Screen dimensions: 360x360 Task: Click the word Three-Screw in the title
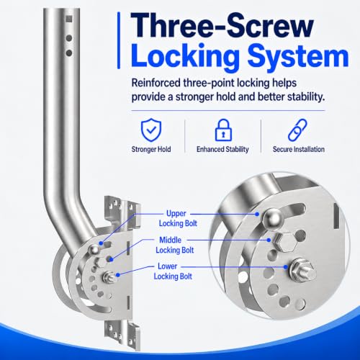222,25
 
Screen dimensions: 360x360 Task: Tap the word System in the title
298,57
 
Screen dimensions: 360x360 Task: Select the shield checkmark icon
151,130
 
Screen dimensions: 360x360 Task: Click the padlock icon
223,130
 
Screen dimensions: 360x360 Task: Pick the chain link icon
297,130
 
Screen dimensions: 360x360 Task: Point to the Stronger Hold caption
151,149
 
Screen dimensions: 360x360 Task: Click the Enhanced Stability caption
222,149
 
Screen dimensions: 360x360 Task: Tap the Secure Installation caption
299,149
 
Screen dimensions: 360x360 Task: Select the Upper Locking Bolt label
178,218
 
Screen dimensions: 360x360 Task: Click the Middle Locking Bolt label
175,245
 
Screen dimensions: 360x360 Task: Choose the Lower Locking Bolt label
173,271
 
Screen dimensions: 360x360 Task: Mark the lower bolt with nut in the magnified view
302,269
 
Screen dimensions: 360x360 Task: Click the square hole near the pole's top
69,19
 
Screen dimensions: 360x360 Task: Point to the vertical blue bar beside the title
119,40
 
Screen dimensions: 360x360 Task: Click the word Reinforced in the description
156,83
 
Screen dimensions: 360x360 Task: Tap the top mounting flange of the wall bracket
122,211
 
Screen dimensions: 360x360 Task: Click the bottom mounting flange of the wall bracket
122,335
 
